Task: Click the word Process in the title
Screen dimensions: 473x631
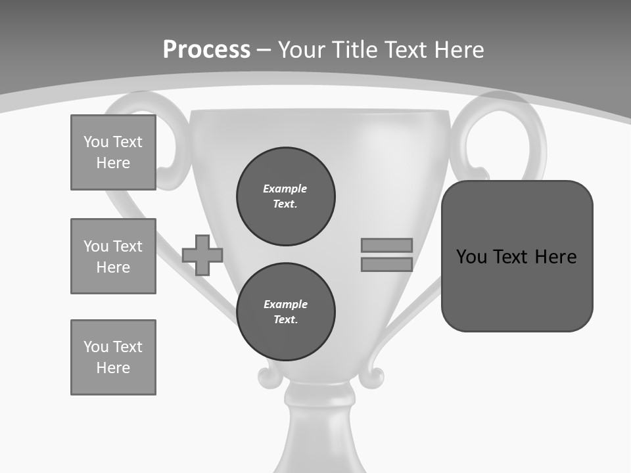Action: point(206,50)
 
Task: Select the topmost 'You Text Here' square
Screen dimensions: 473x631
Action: point(113,152)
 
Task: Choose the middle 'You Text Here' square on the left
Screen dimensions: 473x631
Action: point(113,256)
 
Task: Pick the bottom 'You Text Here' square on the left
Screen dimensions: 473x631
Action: point(113,357)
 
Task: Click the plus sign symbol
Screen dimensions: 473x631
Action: point(202,255)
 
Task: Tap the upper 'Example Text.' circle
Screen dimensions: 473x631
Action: point(286,196)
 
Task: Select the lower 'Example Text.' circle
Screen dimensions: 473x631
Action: point(286,312)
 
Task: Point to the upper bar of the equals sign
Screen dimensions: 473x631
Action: point(386,245)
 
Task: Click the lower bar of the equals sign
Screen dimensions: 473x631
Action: point(386,265)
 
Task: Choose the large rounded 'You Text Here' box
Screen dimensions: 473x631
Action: point(517,256)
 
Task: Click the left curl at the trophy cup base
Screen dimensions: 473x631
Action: point(268,377)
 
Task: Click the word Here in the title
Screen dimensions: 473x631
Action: point(458,50)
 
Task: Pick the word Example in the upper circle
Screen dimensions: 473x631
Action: point(285,189)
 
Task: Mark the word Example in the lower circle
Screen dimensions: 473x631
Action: point(285,304)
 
